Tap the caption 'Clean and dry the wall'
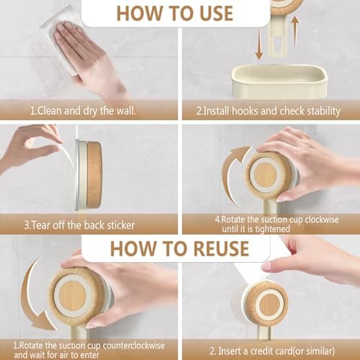(82, 112)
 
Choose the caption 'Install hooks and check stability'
(269, 112)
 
